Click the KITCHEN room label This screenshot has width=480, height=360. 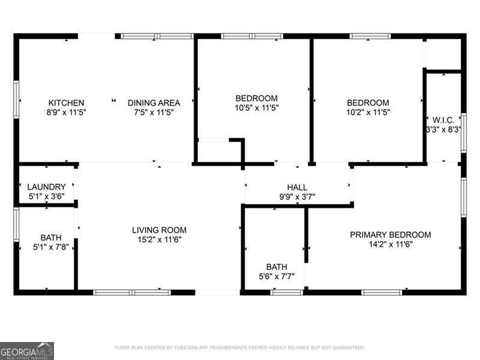(66, 103)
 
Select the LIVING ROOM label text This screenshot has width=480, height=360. (159, 230)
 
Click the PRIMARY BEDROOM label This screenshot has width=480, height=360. (390, 235)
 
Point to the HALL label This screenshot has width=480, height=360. (297, 187)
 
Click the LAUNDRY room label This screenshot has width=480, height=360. (46, 187)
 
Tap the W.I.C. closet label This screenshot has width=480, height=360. (443, 120)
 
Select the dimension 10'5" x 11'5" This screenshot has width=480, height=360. (256, 108)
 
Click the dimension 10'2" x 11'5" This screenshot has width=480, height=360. (368, 112)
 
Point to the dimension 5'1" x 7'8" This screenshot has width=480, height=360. (51, 247)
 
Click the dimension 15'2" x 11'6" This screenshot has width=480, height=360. (159, 239)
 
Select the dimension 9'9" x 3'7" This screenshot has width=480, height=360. (297, 196)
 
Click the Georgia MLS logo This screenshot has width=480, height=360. (27, 350)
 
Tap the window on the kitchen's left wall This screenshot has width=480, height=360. (16, 100)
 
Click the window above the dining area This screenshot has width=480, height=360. (157, 36)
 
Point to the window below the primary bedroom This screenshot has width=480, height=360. (382, 292)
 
